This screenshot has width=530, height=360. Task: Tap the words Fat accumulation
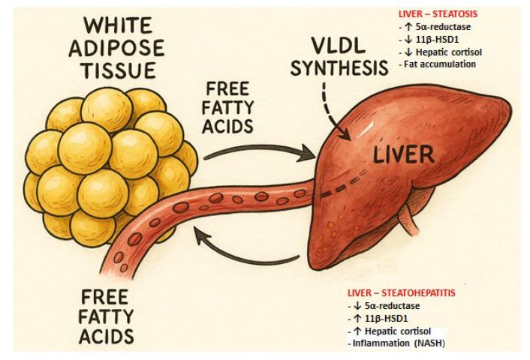[x=429, y=64]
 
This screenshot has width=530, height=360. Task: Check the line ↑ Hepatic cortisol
[x=393, y=331]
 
